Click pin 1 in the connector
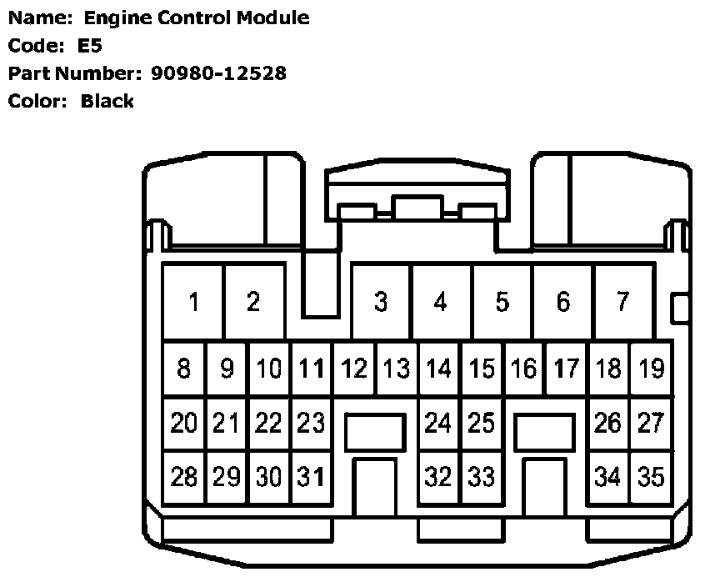tap(193, 302)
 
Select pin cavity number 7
tap(622, 302)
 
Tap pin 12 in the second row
tap(354, 368)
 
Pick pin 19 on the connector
tap(651, 368)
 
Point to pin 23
tap(311, 423)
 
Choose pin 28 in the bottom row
tap(183, 477)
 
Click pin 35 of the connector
tap(651, 477)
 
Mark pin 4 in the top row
tap(441, 302)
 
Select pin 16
tap(524, 368)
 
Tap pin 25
tap(481, 423)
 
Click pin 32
tap(438, 477)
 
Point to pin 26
tap(608, 423)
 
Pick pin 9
tap(227, 368)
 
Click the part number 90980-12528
tap(218, 73)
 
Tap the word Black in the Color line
tap(107, 102)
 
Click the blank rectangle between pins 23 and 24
tap(374, 433)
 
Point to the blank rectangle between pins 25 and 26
tap(544, 433)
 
